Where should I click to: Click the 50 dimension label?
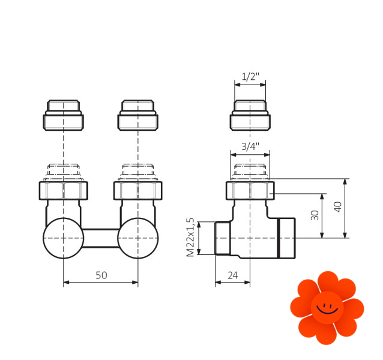(101, 275)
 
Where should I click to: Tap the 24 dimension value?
(232, 275)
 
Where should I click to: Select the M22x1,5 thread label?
(190, 237)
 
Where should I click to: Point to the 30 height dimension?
(315, 215)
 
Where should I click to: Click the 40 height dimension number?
(337, 207)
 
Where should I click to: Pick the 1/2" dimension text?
(250, 77)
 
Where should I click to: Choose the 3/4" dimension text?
(250, 146)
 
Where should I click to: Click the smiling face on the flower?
(327, 308)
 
